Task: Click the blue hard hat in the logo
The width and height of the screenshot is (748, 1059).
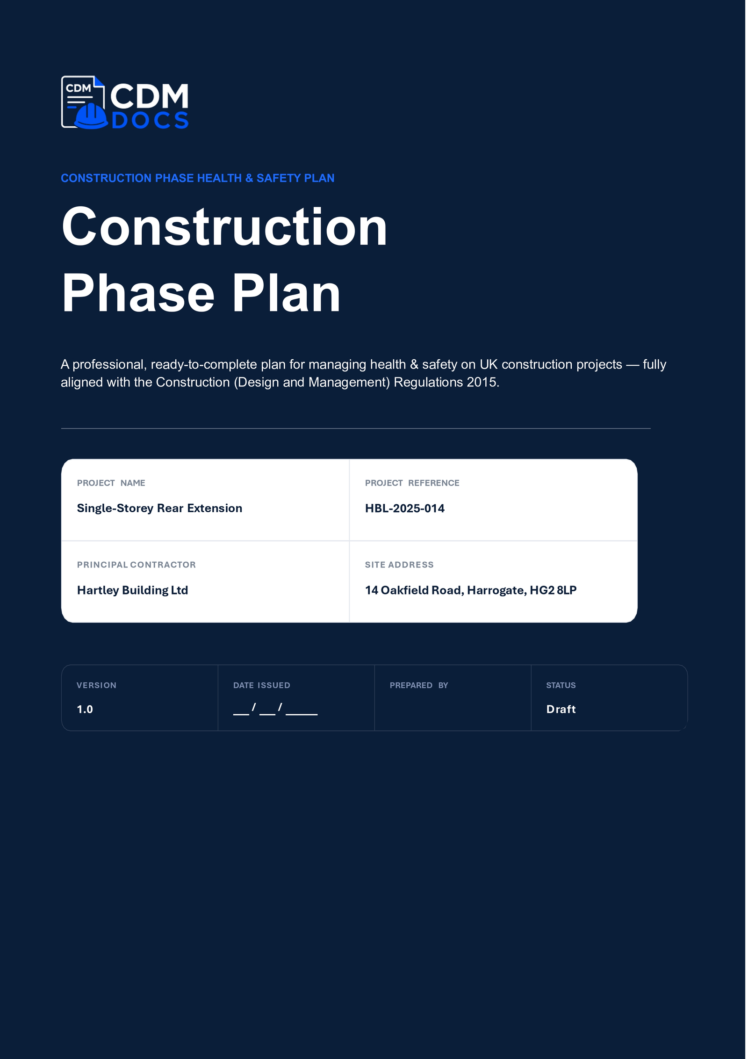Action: click(x=91, y=116)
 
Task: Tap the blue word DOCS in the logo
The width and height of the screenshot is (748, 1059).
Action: click(x=150, y=121)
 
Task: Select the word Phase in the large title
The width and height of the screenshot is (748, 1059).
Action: click(x=138, y=294)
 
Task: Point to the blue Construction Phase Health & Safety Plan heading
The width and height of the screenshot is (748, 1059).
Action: click(x=198, y=178)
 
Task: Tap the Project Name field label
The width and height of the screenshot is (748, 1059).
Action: click(x=111, y=483)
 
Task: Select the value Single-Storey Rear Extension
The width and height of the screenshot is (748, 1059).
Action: click(x=159, y=508)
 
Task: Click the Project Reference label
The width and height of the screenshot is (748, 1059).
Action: click(x=412, y=483)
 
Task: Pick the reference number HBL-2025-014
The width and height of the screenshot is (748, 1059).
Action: click(x=405, y=508)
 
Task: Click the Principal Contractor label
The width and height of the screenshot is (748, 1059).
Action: click(x=137, y=565)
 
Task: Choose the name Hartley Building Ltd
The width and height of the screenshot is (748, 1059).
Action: click(x=132, y=590)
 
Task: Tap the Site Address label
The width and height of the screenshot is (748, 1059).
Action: click(x=399, y=565)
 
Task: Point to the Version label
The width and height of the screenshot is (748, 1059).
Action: click(x=96, y=685)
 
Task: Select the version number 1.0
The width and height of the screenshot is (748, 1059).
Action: click(x=85, y=710)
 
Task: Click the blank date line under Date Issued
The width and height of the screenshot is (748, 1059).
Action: click(x=275, y=710)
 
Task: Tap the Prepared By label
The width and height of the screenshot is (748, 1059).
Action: click(x=419, y=685)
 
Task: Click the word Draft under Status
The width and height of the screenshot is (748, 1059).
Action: click(x=561, y=710)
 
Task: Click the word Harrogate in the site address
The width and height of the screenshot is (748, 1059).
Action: click(x=496, y=591)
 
